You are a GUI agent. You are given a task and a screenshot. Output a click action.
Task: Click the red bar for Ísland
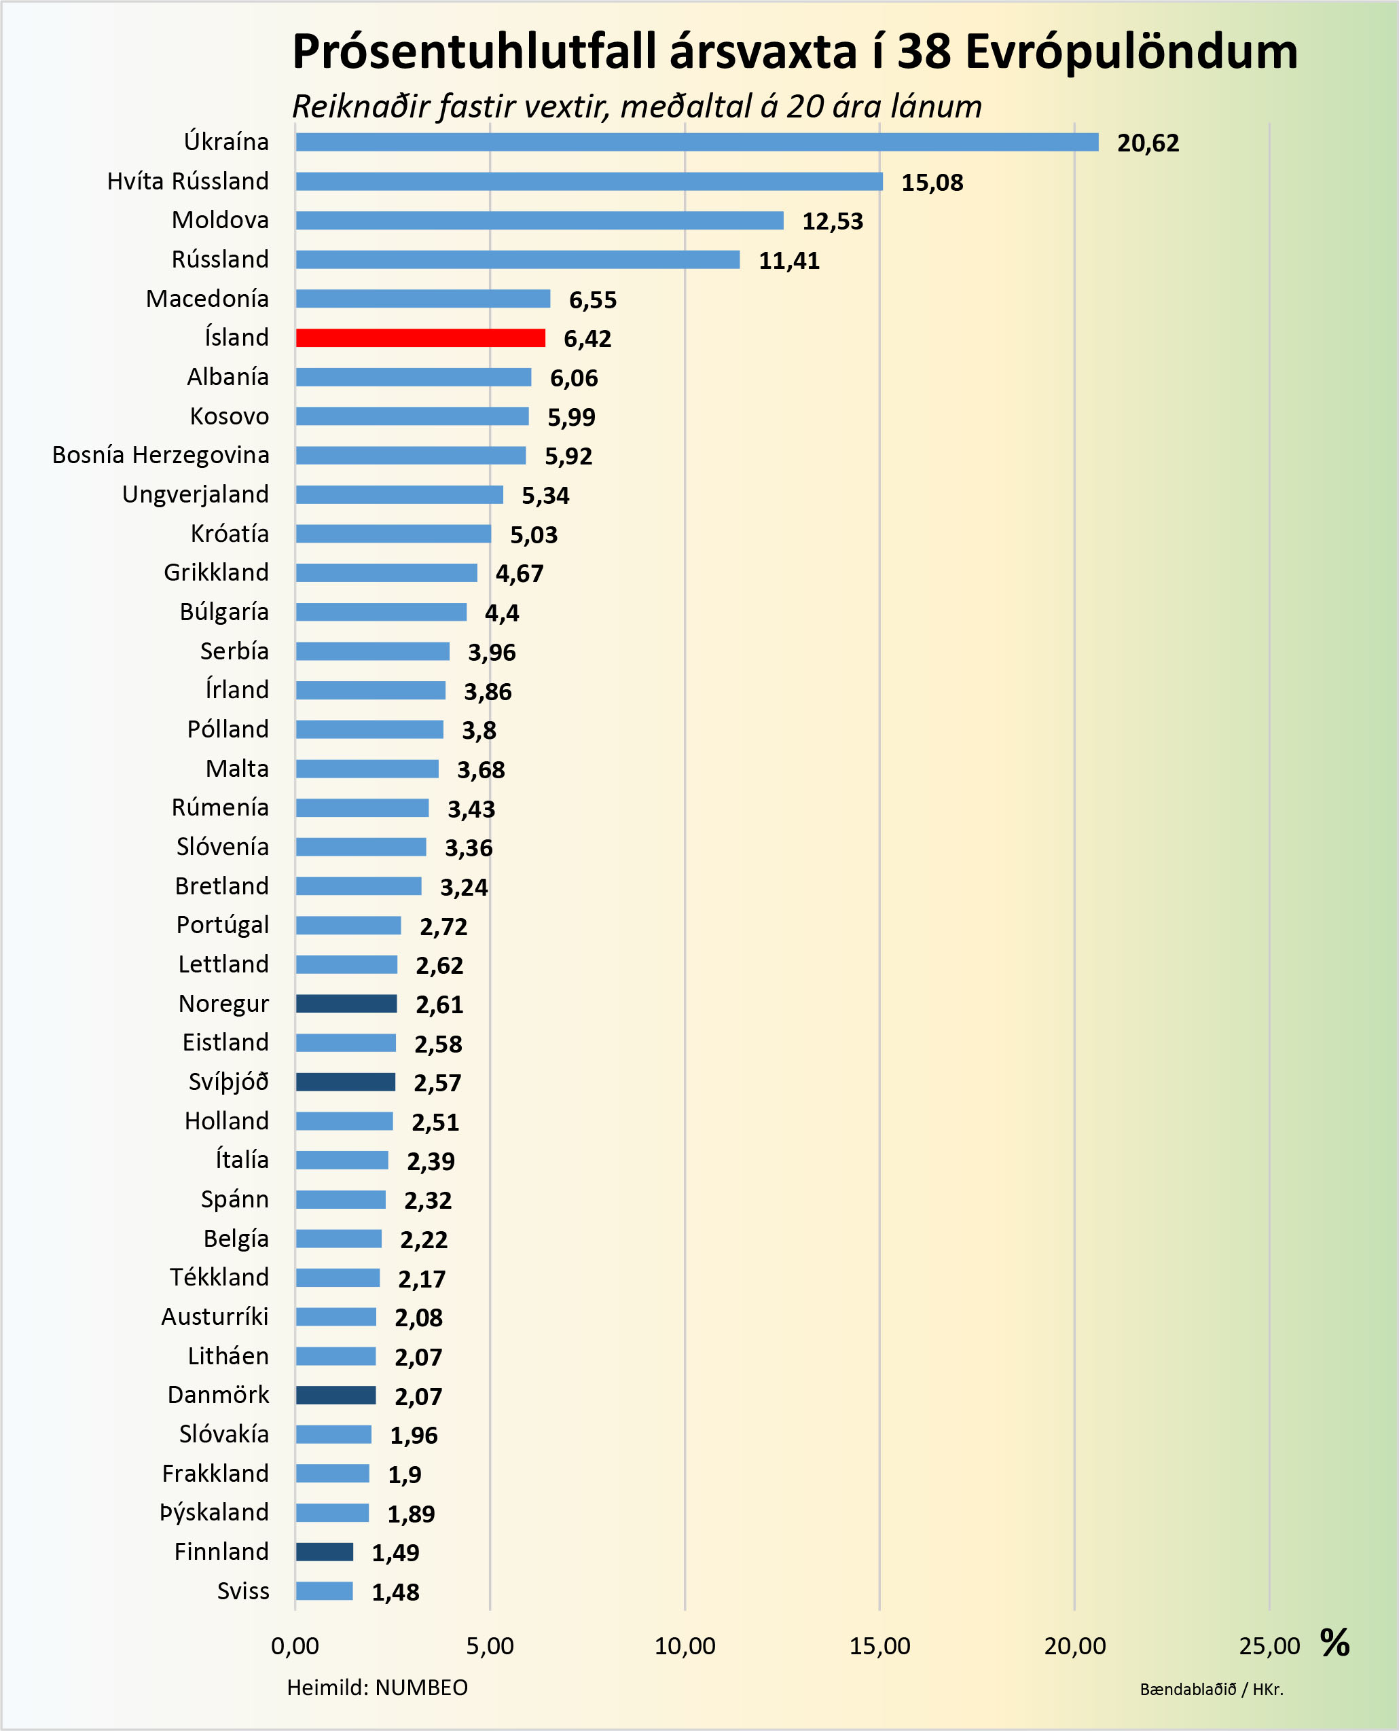(x=420, y=338)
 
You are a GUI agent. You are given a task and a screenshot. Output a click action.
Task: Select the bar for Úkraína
(x=696, y=142)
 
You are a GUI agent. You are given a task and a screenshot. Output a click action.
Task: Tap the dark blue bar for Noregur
(x=346, y=1003)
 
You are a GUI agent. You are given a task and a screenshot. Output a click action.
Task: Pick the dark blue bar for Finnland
(x=324, y=1551)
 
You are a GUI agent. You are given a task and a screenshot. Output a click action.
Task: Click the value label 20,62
(x=1148, y=143)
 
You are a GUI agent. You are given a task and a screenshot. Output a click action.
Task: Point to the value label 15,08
(x=932, y=183)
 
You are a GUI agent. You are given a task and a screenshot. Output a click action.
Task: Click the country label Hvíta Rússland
(x=187, y=181)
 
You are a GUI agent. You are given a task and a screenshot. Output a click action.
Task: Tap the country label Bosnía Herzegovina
(x=160, y=455)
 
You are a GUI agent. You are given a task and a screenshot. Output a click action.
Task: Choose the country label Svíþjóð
(x=228, y=1082)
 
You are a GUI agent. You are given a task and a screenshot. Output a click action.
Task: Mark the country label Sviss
(x=242, y=1591)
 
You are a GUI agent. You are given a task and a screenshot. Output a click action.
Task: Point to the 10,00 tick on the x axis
(x=684, y=1645)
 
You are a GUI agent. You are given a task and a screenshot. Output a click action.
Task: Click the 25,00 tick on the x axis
(x=1269, y=1645)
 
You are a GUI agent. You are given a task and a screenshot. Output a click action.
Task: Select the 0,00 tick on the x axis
(x=295, y=1645)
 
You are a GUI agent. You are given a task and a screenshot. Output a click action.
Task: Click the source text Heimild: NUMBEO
(x=377, y=1688)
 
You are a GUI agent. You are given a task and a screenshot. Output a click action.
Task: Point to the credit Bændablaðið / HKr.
(x=1212, y=1689)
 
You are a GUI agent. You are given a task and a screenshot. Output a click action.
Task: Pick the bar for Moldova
(x=539, y=220)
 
